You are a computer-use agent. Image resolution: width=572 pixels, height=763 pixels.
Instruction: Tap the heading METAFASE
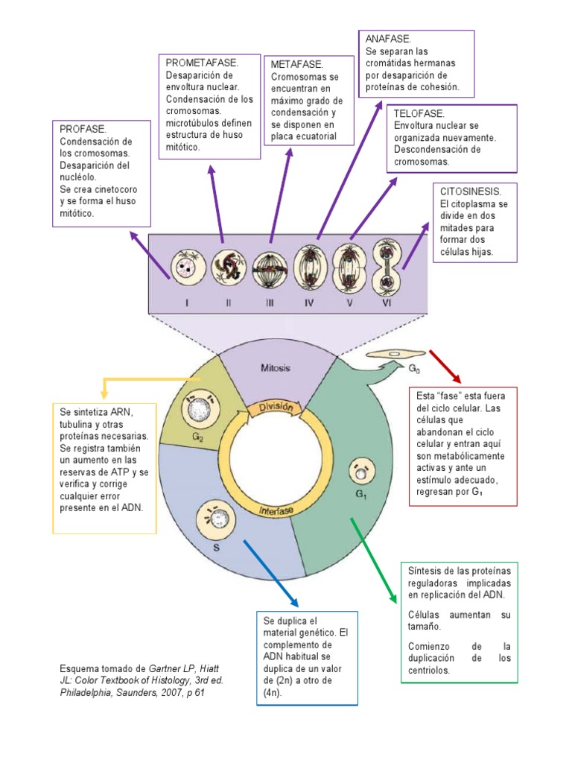coord(297,65)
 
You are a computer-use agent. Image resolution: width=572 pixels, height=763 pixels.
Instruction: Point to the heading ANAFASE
coord(388,38)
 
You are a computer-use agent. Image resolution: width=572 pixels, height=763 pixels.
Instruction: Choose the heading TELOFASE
coord(419,113)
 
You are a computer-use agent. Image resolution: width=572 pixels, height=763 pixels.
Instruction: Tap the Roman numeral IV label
coord(308,303)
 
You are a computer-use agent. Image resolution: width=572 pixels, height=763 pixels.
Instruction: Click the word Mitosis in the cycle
coord(275,368)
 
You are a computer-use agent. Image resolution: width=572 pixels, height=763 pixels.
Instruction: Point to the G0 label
coord(413,368)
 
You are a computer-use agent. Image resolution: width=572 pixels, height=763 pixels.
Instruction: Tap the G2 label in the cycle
coord(197,437)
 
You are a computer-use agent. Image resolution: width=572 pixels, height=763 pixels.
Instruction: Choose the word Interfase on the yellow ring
coord(277,510)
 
